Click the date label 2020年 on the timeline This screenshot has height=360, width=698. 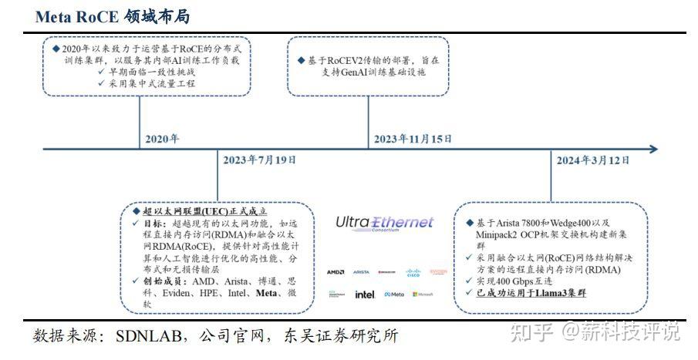(161, 140)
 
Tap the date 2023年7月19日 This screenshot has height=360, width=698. (259, 160)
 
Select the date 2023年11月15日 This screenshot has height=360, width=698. (413, 139)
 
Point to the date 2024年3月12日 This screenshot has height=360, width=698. (593, 160)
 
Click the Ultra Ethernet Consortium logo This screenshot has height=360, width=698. (384, 224)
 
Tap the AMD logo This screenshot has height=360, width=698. (336, 272)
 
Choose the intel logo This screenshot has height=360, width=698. (364, 294)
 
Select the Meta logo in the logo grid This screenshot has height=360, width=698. (394, 294)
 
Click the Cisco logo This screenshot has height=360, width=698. (412, 272)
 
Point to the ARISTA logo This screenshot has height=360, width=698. (361, 272)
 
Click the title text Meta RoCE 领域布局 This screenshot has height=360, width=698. (113, 16)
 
